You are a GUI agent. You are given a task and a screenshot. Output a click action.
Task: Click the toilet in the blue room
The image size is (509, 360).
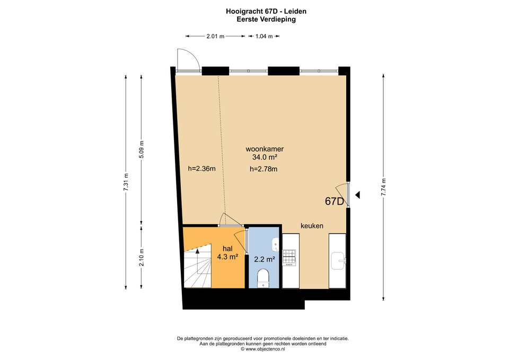tap(264, 278)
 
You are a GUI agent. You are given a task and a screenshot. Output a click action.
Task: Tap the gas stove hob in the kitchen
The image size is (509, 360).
tap(289, 257)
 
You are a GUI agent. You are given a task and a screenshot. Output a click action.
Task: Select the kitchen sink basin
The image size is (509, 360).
tap(338, 261)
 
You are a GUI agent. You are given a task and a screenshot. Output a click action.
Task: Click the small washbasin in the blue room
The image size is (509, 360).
tap(275, 244)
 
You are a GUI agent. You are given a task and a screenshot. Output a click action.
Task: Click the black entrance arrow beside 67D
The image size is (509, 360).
tap(357, 195)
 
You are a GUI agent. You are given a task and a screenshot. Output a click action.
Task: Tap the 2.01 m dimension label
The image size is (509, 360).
tap(215, 37)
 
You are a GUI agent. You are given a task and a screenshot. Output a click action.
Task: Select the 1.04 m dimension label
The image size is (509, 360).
tap(264, 37)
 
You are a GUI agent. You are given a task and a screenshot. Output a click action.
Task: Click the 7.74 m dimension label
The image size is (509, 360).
tap(383, 187)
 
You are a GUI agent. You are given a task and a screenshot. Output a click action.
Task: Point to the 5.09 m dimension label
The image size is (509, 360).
tap(141, 150)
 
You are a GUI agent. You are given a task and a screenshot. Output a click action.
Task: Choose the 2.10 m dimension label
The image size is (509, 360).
tap(141, 258)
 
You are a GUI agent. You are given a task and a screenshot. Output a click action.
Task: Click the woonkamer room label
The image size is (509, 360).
tap(265, 150)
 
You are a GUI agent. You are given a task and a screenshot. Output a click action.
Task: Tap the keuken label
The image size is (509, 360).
tap(312, 226)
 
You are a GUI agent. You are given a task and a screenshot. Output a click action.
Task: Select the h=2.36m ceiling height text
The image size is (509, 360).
tap(202, 169)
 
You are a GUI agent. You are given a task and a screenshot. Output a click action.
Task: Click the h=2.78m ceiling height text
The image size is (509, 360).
tap(264, 169)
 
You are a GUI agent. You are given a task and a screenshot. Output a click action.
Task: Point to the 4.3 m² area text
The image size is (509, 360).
tap(228, 257)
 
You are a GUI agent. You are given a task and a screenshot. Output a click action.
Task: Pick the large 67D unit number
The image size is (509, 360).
tap(335, 201)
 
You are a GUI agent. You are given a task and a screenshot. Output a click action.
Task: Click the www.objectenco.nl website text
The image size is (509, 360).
tap(265, 349)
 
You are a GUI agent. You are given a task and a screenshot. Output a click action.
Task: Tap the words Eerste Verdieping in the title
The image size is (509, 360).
tap(266, 19)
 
